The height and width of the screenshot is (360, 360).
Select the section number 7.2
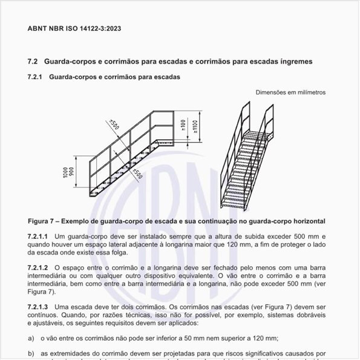[33, 62]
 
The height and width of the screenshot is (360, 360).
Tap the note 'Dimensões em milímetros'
[290, 93]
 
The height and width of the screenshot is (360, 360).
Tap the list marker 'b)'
[31, 353]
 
